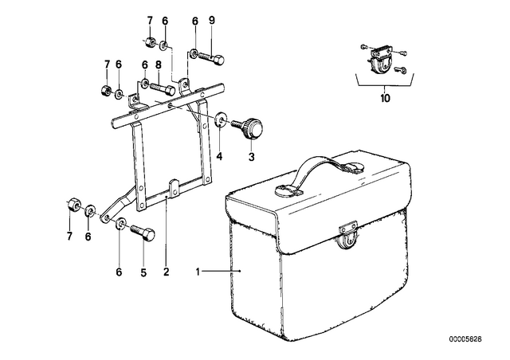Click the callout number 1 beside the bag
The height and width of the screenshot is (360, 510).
[198, 272]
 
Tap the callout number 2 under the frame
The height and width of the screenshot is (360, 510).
[167, 272]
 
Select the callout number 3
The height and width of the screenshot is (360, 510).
[252, 157]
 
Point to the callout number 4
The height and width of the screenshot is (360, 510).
[220, 157]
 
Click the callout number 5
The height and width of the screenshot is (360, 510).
[143, 272]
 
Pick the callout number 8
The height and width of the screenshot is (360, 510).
[159, 65]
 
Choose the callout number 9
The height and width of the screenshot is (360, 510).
[212, 21]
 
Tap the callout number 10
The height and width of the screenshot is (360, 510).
[385, 97]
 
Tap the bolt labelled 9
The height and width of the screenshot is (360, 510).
[211, 59]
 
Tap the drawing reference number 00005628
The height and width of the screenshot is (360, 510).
[465, 339]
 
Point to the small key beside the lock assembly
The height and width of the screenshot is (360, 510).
[399, 68]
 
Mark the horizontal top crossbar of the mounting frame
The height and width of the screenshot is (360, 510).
[168, 105]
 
